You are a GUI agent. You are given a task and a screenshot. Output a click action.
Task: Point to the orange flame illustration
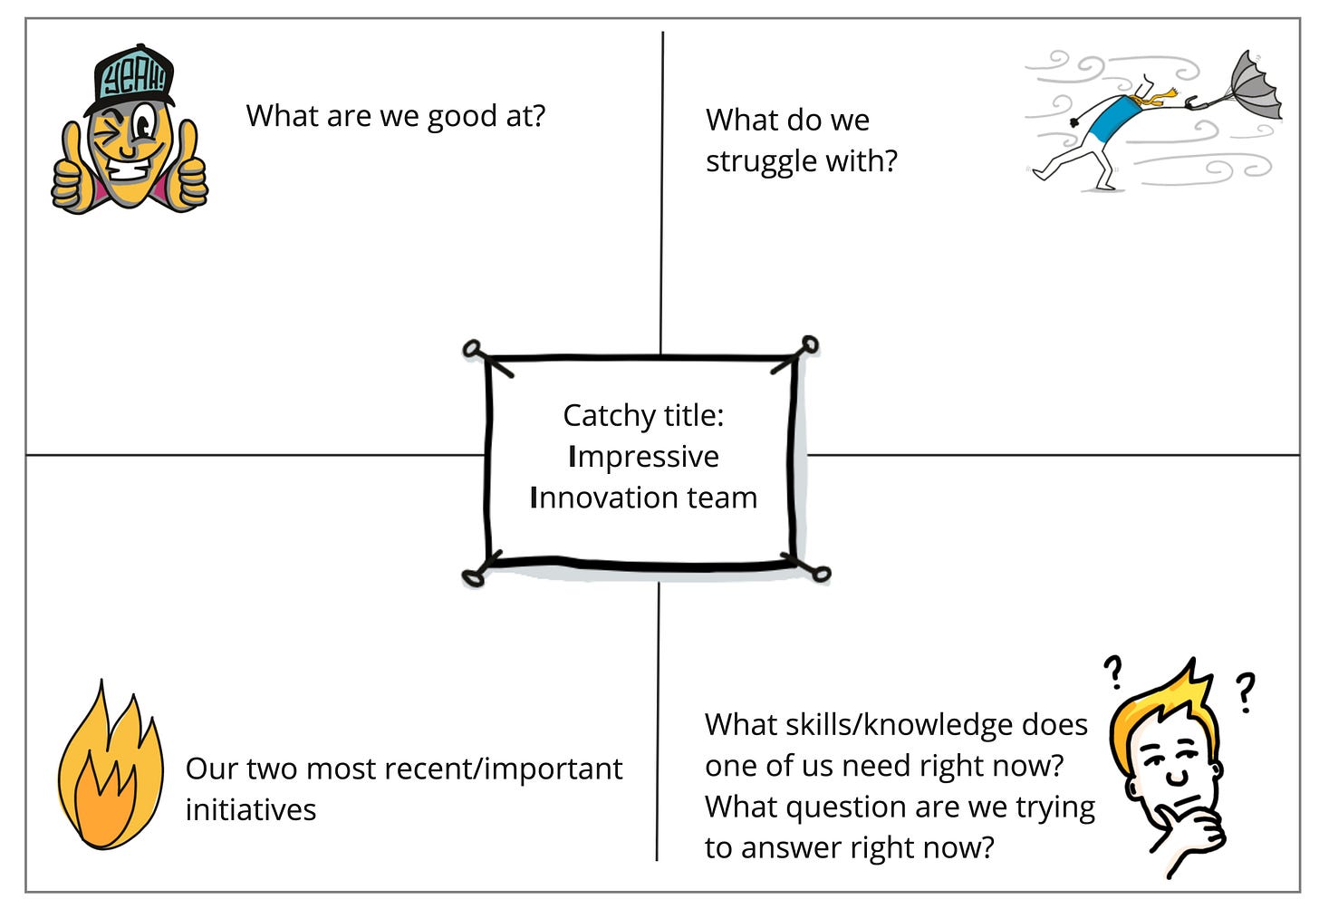108,770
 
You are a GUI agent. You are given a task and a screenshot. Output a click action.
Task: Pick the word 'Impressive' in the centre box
643,456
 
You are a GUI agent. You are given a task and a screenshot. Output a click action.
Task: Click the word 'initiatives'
250,809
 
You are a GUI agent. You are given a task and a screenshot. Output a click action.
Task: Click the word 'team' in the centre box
722,497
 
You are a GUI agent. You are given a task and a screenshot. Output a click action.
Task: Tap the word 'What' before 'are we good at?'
281,116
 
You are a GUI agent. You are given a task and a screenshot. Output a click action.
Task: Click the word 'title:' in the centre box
693,415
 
